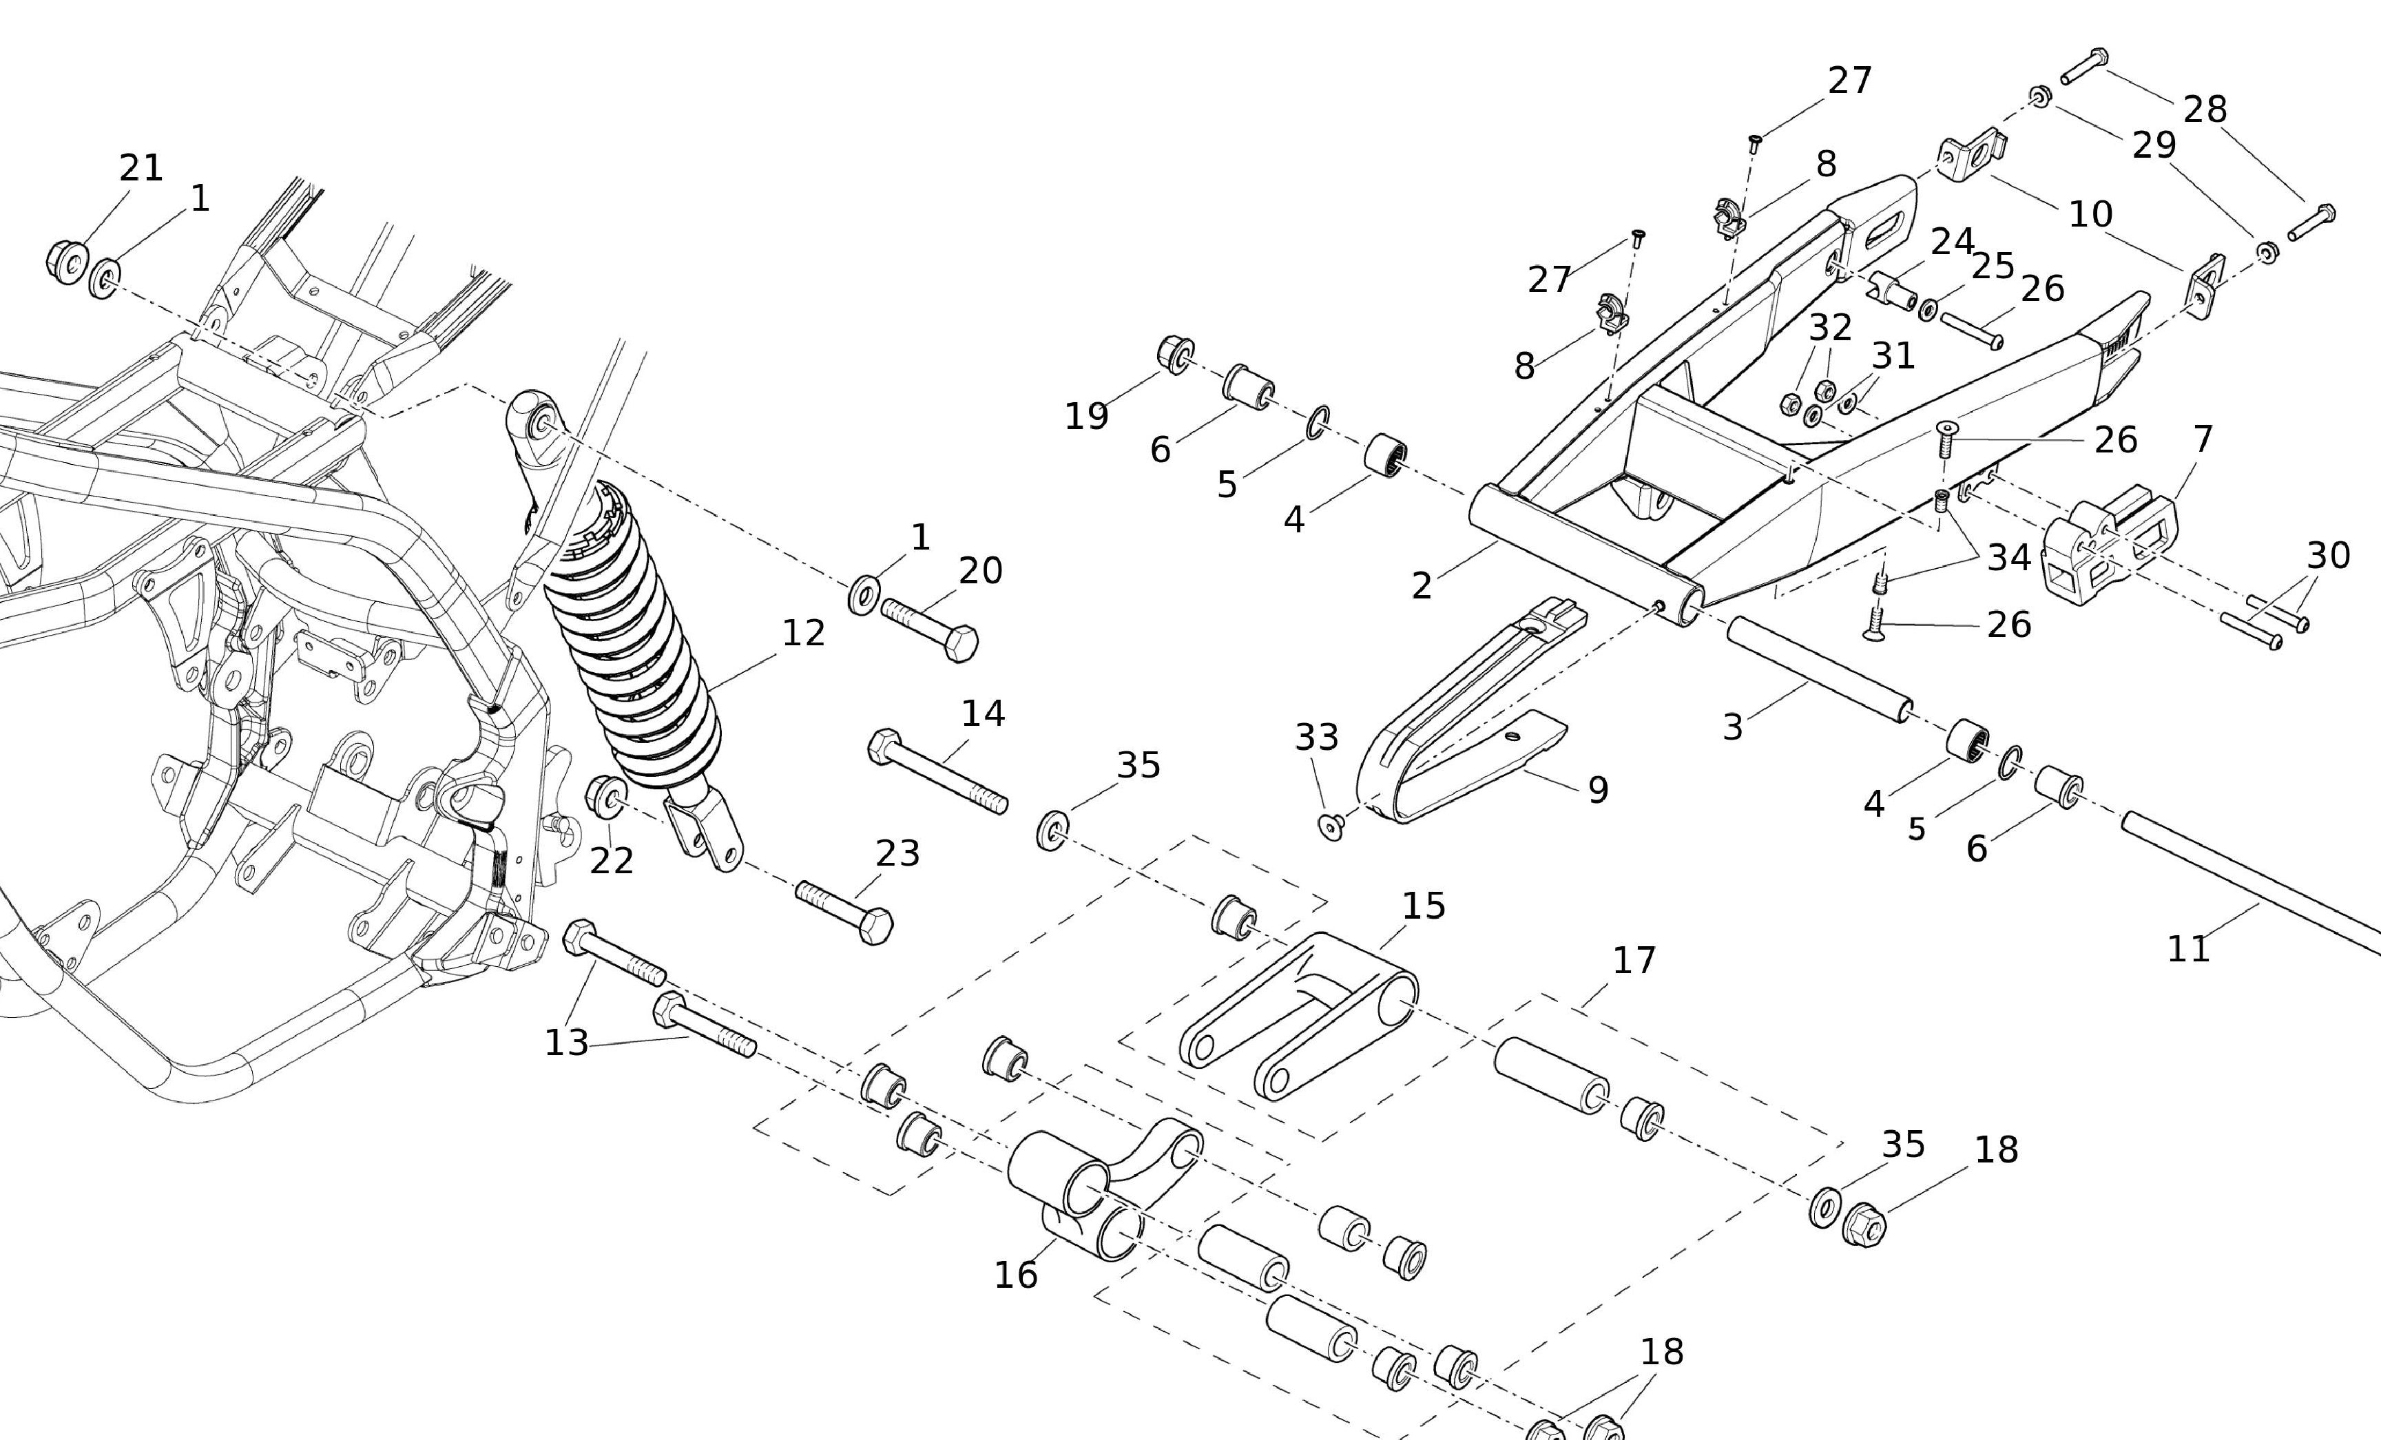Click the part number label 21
(141, 168)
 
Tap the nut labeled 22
(605, 795)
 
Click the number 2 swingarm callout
(1420, 585)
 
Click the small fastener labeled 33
(1331, 826)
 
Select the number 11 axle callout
(2189, 949)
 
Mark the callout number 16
(1016, 1275)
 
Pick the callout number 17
(1634, 961)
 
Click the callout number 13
(566, 1043)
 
